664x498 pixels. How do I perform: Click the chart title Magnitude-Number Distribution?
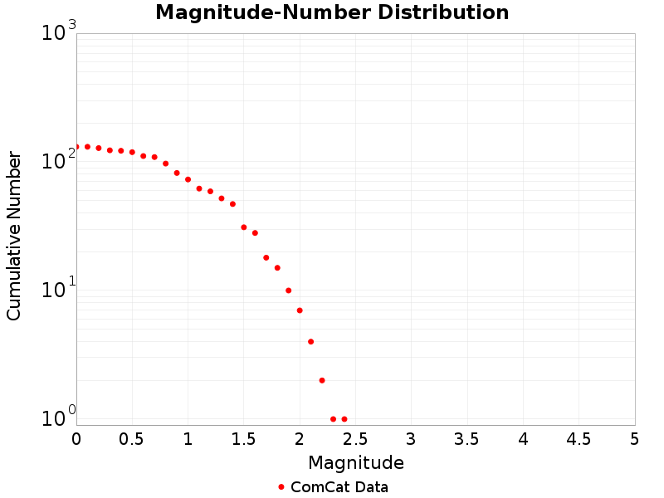point(332,13)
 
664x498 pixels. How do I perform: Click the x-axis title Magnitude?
point(355,463)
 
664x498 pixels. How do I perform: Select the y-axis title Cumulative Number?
point(14,236)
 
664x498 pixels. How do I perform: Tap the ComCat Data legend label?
point(339,487)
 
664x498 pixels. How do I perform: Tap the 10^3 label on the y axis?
point(58,34)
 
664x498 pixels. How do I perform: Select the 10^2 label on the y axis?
point(58,162)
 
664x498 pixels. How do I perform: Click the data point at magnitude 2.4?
point(344,419)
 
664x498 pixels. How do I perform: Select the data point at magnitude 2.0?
point(300,310)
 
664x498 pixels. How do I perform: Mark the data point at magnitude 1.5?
point(244,227)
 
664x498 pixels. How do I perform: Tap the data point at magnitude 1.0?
point(188,179)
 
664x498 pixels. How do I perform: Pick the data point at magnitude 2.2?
point(322,380)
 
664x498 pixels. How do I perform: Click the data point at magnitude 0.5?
point(132,153)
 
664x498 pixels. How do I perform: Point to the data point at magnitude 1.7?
point(266,258)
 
